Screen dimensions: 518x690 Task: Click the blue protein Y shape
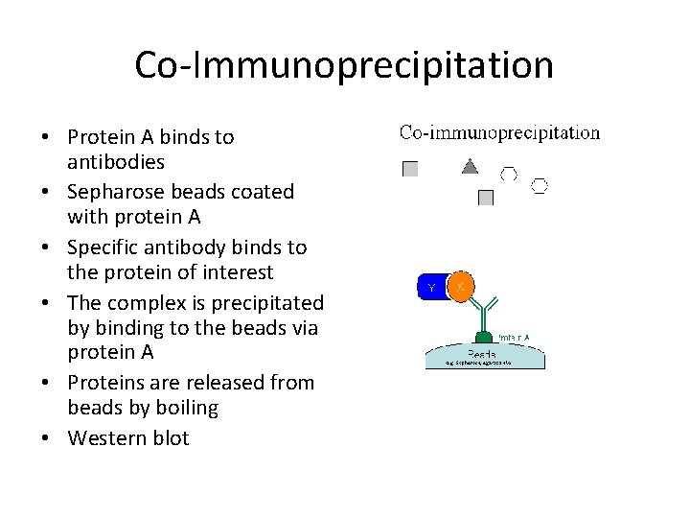click(x=432, y=287)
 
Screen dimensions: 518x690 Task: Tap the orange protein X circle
click(x=461, y=287)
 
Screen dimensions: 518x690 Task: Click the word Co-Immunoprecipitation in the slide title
click(x=344, y=65)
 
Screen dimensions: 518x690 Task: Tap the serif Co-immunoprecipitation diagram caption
click(x=499, y=133)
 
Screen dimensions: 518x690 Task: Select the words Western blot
click(x=128, y=438)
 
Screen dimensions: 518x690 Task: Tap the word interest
click(x=241, y=272)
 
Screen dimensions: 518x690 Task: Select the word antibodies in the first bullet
click(x=116, y=162)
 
